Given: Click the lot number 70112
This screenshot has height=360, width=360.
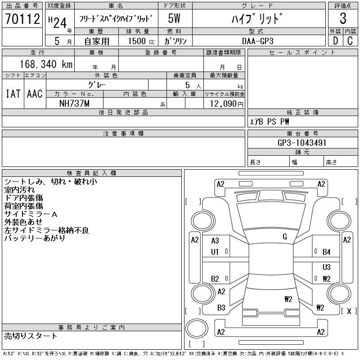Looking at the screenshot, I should (x=22, y=18).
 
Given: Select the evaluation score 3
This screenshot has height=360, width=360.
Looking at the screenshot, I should (x=343, y=18).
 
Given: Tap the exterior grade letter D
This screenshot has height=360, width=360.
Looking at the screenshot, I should (x=335, y=40).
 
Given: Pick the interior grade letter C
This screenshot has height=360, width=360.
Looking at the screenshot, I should (x=350, y=40).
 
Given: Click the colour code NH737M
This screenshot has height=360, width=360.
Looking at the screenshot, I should (x=74, y=103).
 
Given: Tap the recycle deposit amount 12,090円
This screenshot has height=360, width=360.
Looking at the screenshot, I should (x=224, y=103).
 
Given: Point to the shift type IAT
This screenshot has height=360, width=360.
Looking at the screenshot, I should (x=13, y=94).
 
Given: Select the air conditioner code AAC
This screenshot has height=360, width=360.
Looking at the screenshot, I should (x=35, y=94).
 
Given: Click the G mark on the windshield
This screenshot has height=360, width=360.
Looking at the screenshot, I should (x=285, y=237).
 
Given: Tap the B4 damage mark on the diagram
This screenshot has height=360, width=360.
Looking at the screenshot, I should (x=327, y=252).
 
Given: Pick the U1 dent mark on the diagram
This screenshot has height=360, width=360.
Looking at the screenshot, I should (x=215, y=252).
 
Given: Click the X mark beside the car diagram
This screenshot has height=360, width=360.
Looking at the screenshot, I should (x=349, y=310).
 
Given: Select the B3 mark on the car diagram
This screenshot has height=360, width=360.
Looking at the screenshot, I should (x=221, y=308).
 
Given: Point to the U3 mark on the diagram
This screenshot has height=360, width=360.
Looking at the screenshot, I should (x=327, y=267).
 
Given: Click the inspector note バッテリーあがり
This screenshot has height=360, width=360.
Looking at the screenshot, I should (x=35, y=238).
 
